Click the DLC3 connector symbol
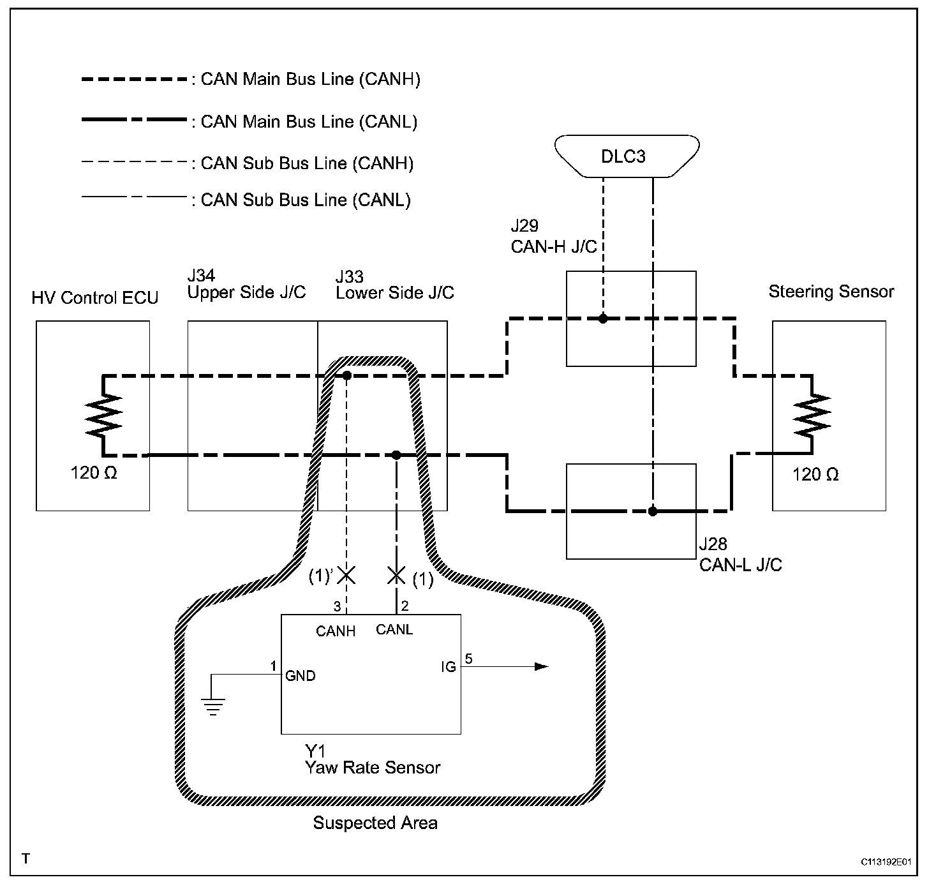tap(627, 156)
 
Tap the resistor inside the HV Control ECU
tap(103, 415)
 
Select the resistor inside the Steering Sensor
tap(812, 415)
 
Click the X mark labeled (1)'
tap(347, 576)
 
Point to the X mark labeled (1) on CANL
tap(396, 576)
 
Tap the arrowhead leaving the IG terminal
tap(542, 666)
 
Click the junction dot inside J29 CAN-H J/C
tap(603, 318)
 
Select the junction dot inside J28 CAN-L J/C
tap(653, 511)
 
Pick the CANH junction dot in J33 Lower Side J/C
tap(347, 376)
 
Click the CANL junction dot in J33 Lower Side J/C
tap(396, 455)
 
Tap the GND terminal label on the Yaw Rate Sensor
tap(301, 676)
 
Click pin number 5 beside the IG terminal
tap(468, 659)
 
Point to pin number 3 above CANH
tap(337, 606)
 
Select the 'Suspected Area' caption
tap(375, 823)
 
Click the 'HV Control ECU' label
tap(95, 298)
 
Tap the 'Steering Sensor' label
tap(831, 292)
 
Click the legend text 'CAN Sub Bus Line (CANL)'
tap(306, 200)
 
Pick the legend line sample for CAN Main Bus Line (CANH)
tap(134, 79)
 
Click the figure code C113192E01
tap(886, 862)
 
